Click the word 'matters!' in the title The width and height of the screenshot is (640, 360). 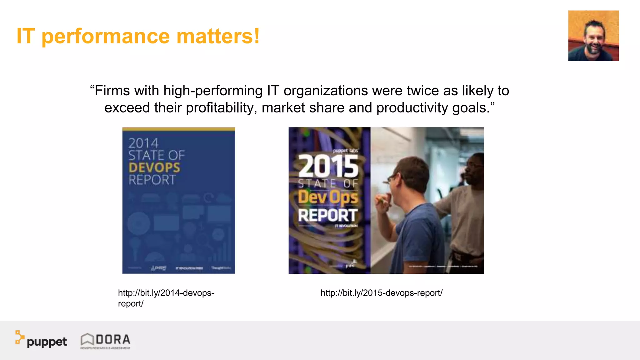pyautogui.click(x=218, y=36)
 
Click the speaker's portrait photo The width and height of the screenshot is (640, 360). pyautogui.click(x=593, y=36)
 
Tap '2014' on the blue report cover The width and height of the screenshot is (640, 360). pyautogui.click(x=143, y=143)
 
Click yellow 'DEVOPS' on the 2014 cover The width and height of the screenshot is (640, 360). pyautogui.click(x=154, y=168)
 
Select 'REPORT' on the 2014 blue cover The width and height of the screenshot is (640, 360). pyautogui.click(x=152, y=180)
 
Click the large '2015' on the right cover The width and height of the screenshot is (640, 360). pyautogui.click(x=328, y=167)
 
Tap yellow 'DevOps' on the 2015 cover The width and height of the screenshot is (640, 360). pyautogui.click(x=328, y=197)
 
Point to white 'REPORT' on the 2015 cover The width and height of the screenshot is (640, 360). pyautogui.click(x=327, y=215)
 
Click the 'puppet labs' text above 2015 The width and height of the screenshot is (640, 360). pyautogui.click(x=345, y=151)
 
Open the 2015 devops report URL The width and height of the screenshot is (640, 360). pyautogui.click(x=381, y=293)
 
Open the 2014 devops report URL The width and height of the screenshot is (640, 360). pyautogui.click(x=166, y=298)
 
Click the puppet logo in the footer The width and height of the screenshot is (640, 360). pyautogui.click(x=41, y=340)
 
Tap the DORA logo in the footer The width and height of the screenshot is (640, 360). pyautogui.click(x=106, y=341)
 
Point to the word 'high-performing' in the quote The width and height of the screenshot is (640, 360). pyautogui.click(x=213, y=91)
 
